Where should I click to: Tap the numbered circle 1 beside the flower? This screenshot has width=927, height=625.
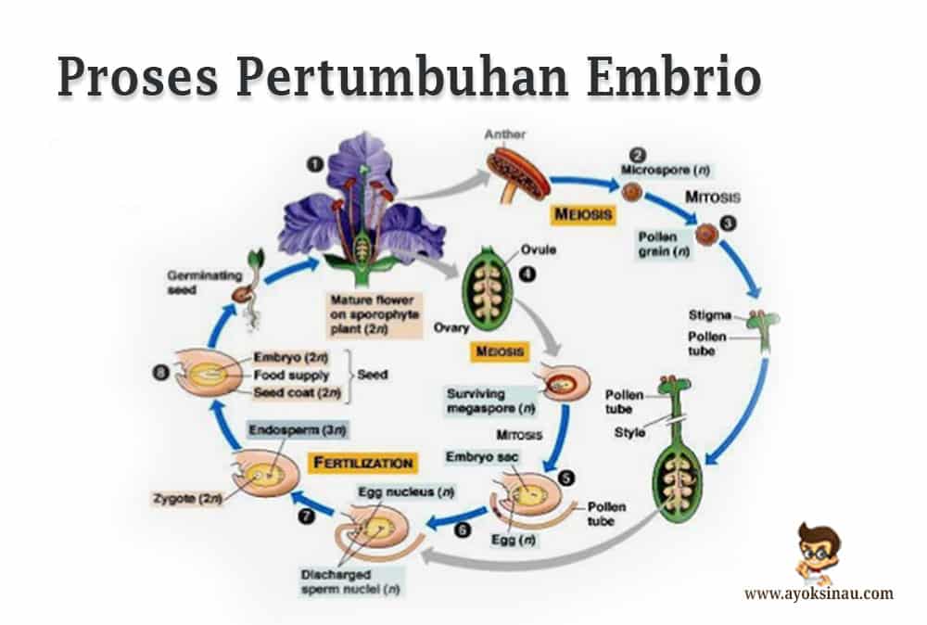click(316, 162)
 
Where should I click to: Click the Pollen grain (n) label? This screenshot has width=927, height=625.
click(663, 243)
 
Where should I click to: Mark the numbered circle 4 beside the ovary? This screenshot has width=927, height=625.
click(528, 274)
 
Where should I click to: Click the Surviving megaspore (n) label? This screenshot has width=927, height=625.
click(488, 400)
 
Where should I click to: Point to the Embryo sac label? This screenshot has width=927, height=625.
click(476, 457)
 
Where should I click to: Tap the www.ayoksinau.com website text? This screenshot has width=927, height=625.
click(819, 593)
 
